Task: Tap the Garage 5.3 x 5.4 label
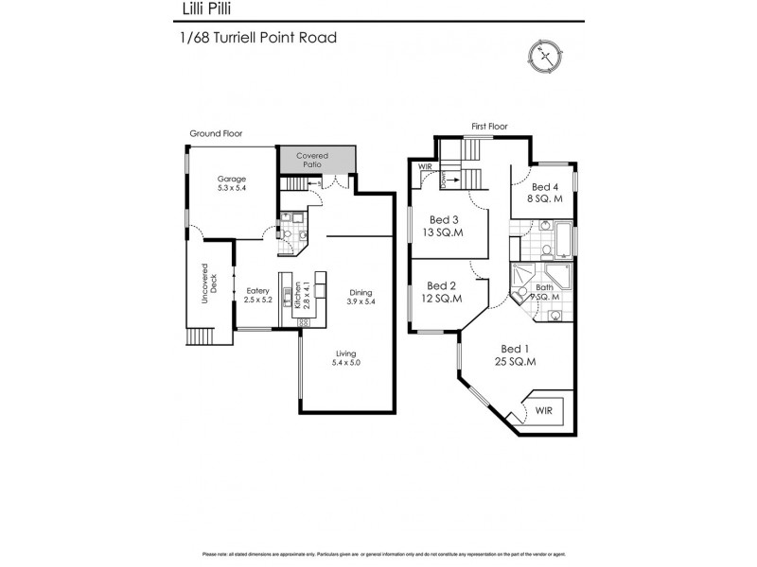[232, 183]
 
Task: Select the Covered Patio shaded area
[315, 159]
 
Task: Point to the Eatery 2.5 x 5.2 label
[258, 295]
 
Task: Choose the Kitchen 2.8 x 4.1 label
[300, 296]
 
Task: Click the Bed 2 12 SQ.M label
[442, 292]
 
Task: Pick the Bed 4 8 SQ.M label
[546, 193]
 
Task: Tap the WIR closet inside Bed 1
[543, 410]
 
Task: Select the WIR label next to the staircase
[425, 169]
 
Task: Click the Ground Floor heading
[216, 134]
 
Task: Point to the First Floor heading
[491, 126]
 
